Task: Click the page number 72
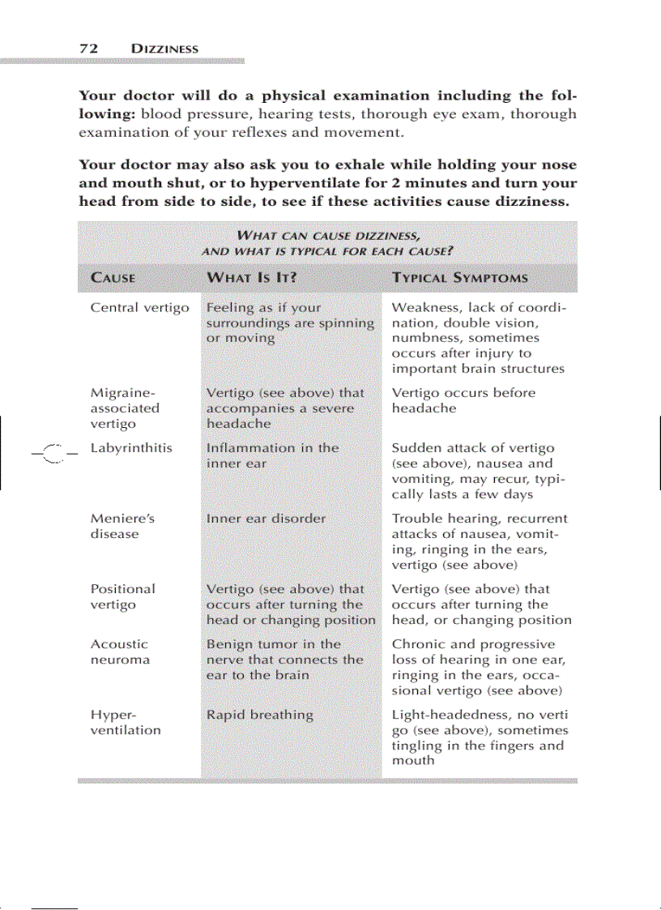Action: click(x=88, y=49)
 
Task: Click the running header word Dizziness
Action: click(x=164, y=49)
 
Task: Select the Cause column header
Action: click(x=113, y=278)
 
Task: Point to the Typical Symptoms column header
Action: click(x=459, y=278)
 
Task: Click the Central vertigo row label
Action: click(x=139, y=308)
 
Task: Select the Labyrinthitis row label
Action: click(x=130, y=448)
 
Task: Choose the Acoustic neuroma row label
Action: click(x=120, y=652)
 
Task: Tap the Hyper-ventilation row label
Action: click(x=125, y=722)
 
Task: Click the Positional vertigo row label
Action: click(x=122, y=596)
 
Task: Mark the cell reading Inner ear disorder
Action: click(x=266, y=519)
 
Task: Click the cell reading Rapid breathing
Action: click(x=259, y=715)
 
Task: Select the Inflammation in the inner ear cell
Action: click(x=272, y=455)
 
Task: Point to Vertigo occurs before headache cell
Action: click(x=463, y=400)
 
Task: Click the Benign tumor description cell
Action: click(x=284, y=659)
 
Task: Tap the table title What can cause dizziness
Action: click(x=327, y=242)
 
